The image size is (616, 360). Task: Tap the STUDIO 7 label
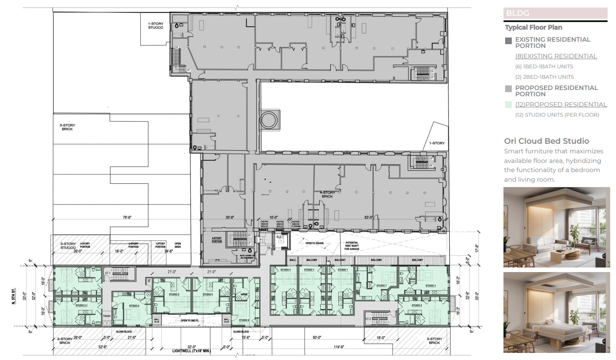coord(381,285)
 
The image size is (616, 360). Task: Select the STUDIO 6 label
coord(134,305)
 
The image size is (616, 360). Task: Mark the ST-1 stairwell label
coord(108,273)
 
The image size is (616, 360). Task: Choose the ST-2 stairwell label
coord(368,319)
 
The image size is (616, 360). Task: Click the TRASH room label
coord(107,316)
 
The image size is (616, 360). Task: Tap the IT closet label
coord(148,282)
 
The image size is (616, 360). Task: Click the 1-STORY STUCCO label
coord(155,26)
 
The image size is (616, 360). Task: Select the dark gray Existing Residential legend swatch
coord(508,41)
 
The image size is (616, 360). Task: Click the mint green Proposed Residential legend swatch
coord(508,105)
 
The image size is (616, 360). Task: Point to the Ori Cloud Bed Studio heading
coord(546,141)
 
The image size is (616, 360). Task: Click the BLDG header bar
coord(555,13)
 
